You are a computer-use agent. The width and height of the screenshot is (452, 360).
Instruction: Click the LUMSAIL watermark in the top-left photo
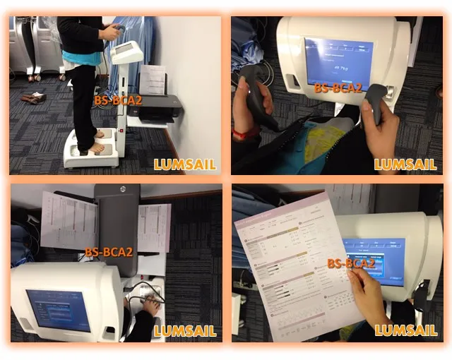185,165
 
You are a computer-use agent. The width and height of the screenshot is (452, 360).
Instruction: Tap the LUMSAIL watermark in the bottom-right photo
405,330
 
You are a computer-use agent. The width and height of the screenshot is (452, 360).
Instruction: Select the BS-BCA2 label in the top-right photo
338,88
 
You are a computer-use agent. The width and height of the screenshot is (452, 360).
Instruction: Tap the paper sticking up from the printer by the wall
153,80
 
